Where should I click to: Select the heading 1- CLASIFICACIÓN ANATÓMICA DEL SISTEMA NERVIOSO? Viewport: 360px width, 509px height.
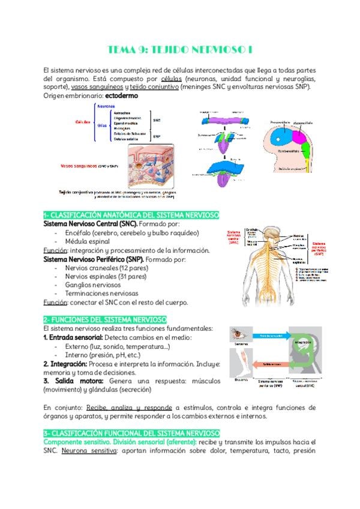click(x=131, y=215)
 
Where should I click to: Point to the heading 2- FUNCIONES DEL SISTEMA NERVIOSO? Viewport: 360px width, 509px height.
click(x=105, y=320)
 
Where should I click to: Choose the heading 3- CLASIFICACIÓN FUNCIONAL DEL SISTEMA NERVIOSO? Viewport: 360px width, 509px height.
click(x=131, y=433)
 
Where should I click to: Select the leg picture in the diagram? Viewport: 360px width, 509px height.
click(x=241, y=366)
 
